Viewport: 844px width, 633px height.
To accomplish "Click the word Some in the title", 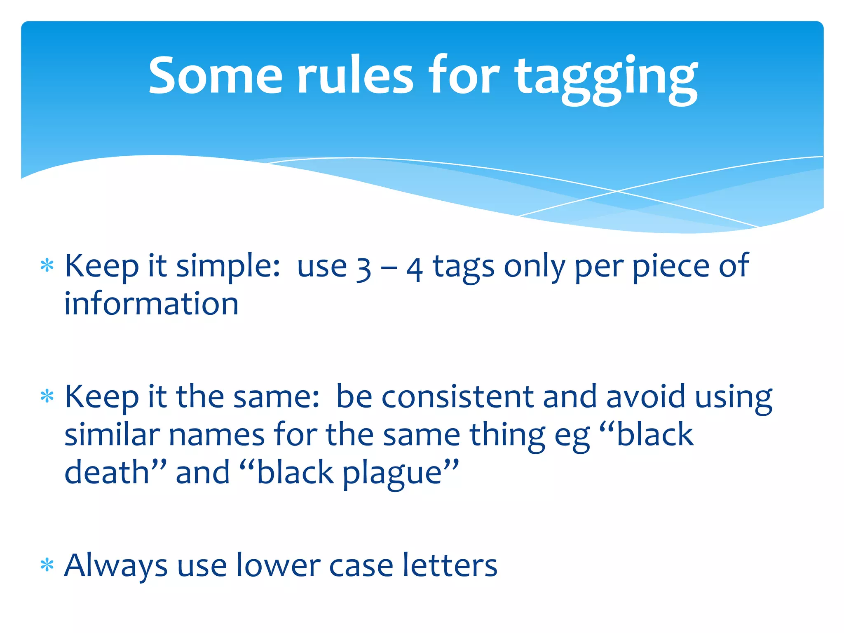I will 215,75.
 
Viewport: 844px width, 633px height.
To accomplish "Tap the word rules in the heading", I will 355,75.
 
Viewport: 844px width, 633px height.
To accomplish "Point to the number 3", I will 363,269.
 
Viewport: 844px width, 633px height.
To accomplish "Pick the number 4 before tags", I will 415,269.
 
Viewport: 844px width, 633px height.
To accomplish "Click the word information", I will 151,304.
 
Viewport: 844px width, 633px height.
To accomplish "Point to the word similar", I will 112,434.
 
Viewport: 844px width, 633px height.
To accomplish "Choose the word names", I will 216,434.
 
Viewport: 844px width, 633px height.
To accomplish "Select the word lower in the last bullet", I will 278,565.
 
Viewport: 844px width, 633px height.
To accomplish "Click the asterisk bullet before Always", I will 47,565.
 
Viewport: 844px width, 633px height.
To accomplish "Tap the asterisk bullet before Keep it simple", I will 47,266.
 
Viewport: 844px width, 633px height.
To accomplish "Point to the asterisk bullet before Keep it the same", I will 47,396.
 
